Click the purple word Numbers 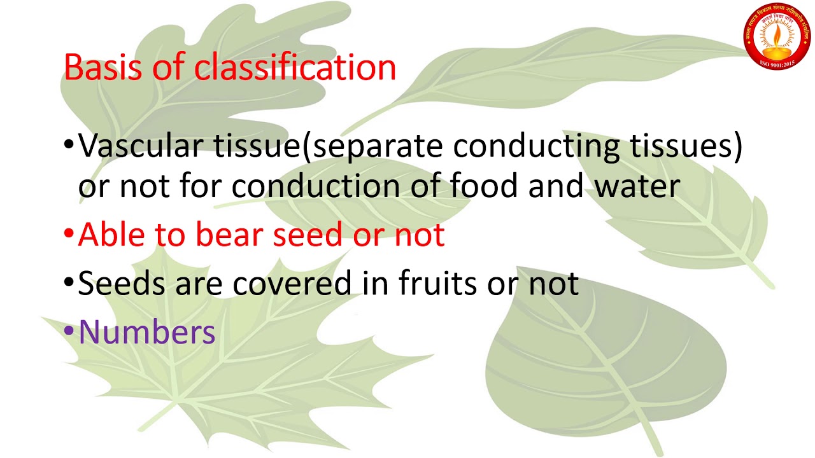click(x=147, y=332)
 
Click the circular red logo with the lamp click(x=778, y=34)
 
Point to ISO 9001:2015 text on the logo click(x=778, y=62)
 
